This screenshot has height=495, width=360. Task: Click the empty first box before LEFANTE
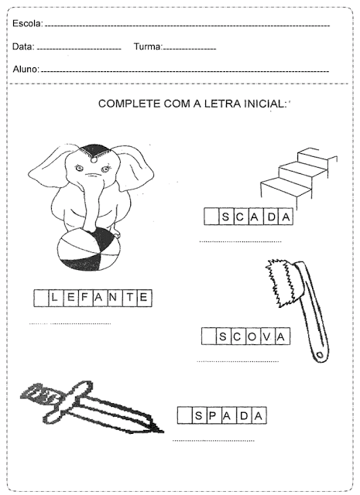click(x=41, y=298)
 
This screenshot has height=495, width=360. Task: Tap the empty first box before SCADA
click(x=211, y=217)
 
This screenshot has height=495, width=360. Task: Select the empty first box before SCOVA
click(x=209, y=336)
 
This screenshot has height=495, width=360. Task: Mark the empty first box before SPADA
click(x=184, y=415)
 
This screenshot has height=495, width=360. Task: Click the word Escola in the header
click(x=27, y=23)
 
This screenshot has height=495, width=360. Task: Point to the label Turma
click(x=148, y=46)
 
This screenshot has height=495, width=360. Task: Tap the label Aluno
click(x=26, y=69)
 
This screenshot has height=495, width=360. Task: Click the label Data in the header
click(x=23, y=46)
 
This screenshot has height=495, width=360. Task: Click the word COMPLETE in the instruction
click(x=129, y=104)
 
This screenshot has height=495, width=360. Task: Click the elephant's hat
click(x=94, y=152)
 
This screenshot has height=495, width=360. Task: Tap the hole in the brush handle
click(x=320, y=355)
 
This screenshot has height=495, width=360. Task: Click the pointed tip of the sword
click(x=163, y=432)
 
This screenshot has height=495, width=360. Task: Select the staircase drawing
click(x=299, y=173)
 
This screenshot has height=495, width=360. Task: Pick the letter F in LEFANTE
click(x=84, y=297)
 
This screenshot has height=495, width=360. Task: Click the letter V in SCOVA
click(x=266, y=337)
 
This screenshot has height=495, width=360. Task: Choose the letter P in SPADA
click(x=213, y=416)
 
